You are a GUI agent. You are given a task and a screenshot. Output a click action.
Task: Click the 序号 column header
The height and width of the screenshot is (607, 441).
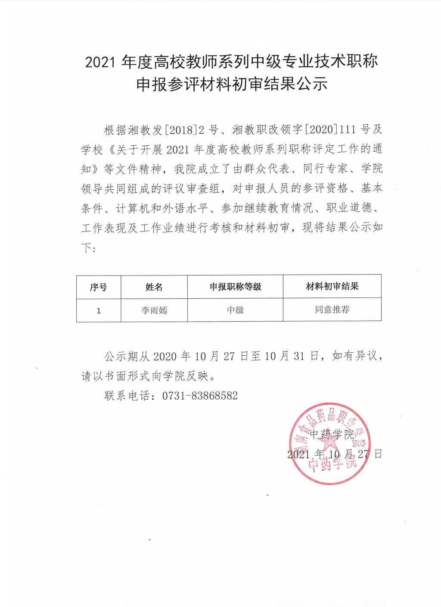(x=99, y=287)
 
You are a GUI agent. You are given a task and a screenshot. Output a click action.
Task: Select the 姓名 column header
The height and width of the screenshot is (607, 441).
(x=154, y=287)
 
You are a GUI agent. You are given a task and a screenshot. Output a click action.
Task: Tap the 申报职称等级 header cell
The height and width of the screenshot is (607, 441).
(x=235, y=287)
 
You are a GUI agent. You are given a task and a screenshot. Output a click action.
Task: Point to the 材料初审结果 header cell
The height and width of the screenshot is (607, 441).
(x=332, y=286)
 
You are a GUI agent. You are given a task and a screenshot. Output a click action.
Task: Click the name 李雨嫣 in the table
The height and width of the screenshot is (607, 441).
(x=154, y=310)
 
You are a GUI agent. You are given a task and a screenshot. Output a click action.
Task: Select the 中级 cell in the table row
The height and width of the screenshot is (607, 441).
(x=235, y=310)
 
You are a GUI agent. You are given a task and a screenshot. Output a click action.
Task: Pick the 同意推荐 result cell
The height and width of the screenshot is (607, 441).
(x=332, y=310)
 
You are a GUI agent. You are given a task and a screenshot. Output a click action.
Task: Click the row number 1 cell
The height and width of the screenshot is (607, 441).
(x=99, y=310)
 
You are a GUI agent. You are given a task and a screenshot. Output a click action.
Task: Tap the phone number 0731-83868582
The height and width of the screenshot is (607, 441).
(x=199, y=396)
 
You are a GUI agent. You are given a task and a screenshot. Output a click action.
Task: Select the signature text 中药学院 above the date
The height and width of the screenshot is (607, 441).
(x=332, y=434)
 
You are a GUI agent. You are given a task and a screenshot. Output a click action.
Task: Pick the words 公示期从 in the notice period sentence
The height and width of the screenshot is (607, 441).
(x=127, y=357)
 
